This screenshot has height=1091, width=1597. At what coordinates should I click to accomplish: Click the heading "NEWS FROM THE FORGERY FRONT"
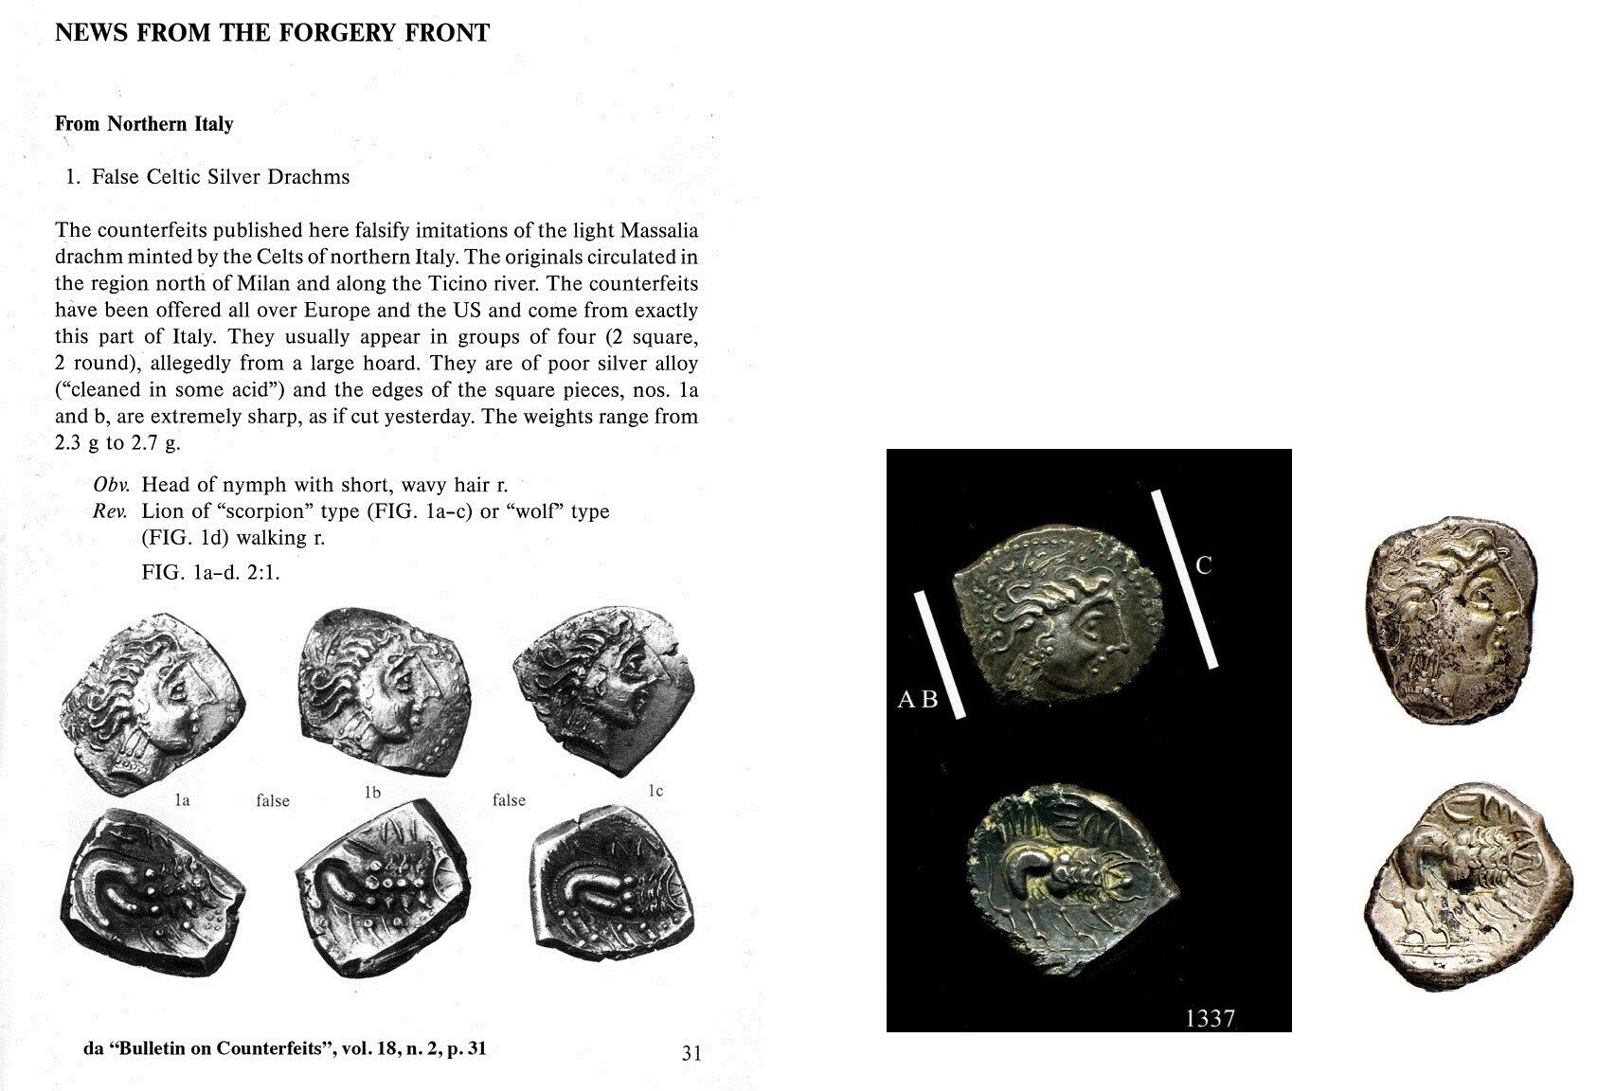pyautogui.click(x=272, y=34)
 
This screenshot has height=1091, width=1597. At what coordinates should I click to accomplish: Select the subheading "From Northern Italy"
pyautogui.click(x=144, y=124)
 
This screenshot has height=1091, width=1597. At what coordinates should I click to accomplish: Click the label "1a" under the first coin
pyautogui.click(x=182, y=801)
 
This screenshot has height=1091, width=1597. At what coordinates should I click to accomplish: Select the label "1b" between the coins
pyautogui.click(x=372, y=793)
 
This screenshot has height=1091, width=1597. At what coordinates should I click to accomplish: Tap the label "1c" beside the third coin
pyautogui.click(x=655, y=791)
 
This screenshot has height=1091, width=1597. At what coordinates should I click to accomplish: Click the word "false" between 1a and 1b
pyautogui.click(x=273, y=801)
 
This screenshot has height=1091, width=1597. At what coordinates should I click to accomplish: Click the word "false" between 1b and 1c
pyautogui.click(x=509, y=800)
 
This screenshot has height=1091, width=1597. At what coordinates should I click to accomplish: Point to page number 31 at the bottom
pyautogui.click(x=691, y=1052)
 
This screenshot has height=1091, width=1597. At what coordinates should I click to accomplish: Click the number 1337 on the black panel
pyautogui.click(x=1210, y=1018)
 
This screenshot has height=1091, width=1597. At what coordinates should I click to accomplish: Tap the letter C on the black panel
pyautogui.click(x=1204, y=566)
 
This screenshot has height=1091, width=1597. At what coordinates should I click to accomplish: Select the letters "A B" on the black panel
pyautogui.click(x=917, y=701)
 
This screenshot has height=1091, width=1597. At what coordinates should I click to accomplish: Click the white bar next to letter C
pyautogui.click(x=1185, y=579)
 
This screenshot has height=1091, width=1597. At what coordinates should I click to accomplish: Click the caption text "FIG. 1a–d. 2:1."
pyautogui.click(x=210, y=573)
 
